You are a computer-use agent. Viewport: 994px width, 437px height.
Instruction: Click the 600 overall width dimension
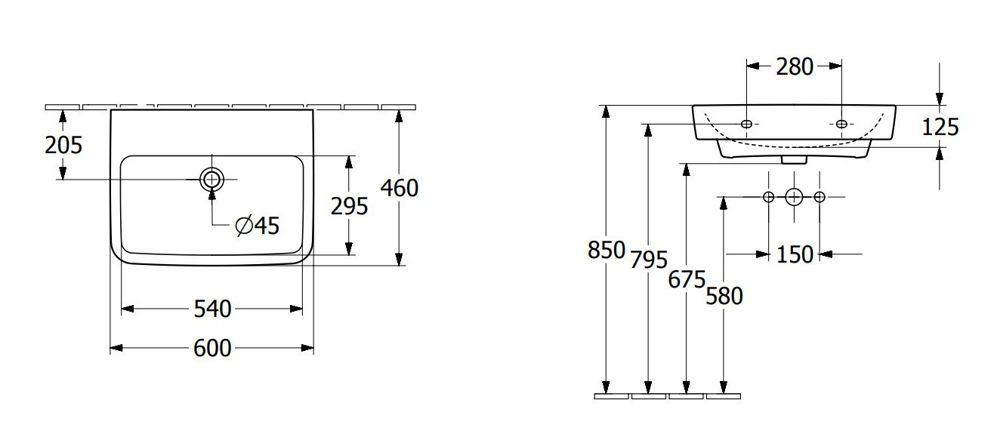pos(212,349)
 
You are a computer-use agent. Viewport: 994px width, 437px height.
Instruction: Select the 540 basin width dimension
pos(212,309)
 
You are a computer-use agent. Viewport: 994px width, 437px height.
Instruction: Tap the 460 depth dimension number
pos(400,189)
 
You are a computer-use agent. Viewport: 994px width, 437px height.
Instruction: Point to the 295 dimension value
pos(349,207)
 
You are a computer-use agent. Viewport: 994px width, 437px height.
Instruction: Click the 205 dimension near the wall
pos(63,146)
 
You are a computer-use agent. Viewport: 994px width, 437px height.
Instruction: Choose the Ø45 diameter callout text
pos(258,226)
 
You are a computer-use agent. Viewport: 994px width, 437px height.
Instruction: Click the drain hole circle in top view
pos(212,180)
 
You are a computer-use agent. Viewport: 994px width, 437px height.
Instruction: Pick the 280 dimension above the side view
pos(795,67)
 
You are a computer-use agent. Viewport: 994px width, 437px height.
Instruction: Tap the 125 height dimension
pos(940,128)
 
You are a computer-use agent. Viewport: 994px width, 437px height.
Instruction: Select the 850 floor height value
pos(607,251)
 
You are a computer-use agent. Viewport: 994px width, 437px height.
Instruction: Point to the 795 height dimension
pos(649,260)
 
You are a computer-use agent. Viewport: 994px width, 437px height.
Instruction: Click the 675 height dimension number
pos(687,280)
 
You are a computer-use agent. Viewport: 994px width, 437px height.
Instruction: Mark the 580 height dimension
pos(724,297)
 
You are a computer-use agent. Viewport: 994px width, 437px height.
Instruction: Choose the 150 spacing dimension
pos(795,255)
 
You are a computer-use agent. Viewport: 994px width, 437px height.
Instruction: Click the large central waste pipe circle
pos(794,197)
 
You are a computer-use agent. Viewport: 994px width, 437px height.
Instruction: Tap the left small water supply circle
pos(769,197)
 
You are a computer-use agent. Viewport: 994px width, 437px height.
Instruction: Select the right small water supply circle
pos(820,197)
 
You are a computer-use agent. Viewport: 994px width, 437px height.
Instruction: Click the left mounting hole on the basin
pos(747,124)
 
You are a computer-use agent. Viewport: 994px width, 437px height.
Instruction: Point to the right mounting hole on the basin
pos(841,124)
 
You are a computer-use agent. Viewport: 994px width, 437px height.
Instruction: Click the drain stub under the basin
pos(794,159)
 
